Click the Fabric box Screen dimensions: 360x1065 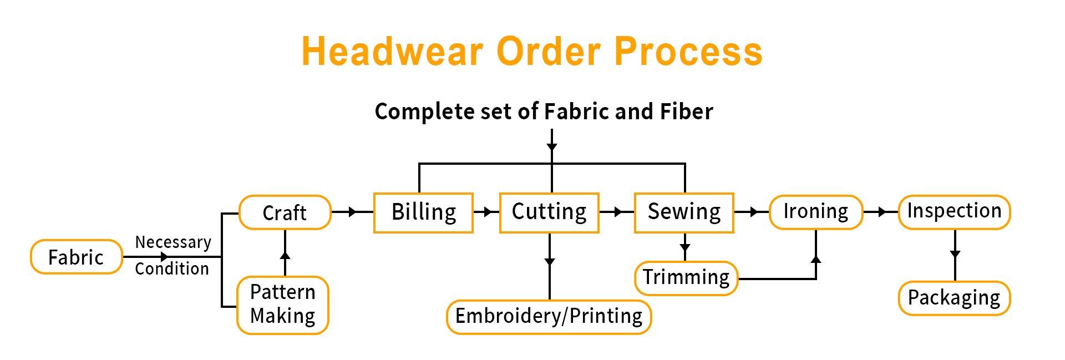76,257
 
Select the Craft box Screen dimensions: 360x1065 285,212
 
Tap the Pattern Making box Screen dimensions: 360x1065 283,305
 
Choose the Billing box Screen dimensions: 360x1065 423,212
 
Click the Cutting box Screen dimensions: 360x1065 549,212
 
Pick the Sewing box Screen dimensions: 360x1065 684,212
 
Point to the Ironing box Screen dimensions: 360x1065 815,212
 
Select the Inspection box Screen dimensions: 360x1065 954,212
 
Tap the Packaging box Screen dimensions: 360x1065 954,298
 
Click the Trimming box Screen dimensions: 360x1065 686,277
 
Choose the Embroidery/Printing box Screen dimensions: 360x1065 549,317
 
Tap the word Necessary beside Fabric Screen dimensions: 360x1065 173,242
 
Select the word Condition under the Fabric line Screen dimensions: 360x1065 172,269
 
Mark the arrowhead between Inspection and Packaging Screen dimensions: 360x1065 955,254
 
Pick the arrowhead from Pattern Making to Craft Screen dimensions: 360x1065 285,255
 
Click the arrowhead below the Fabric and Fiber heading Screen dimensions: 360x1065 551,147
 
